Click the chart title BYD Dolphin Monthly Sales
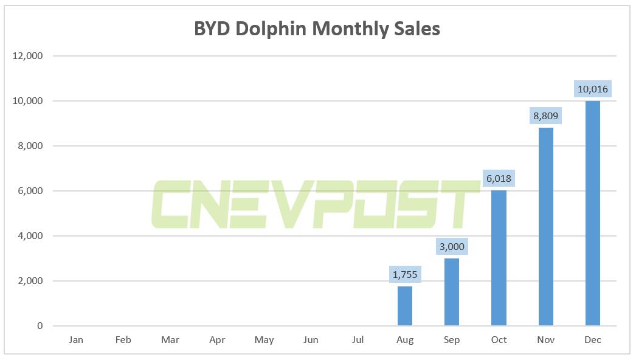pyautogui.click(x=317, y=29)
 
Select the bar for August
pyautogui.click(x=405, y=306)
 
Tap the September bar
pyautogui.click(x=452, y=292)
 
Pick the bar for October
pyautogui.click(x=499, y=258)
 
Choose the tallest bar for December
pyautogui.click(x=592, y=213)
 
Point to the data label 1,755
pyautogui.click(x=405, y=275)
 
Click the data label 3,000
pyautogui.click(x=452, y=247)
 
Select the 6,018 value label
pyautogui.click(x=499, y=179)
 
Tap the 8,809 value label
pyautogui.click(x=545, y=116)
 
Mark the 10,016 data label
pyautogui.click(x=592, y=89)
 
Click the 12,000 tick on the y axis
pyautogui.click(x=27, y=56)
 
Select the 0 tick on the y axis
pyautogui.click(x=40, y=326)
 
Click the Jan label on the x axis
pyautogui.click(x=76, y=340)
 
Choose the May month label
pyautogui.click(x=264, y=340)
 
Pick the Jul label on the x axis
pyautogui.click(x=358, y=340)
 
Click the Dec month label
pyautogui.click(x=592, y=340)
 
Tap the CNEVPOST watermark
pyautogui.click(x=316, y=204)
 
